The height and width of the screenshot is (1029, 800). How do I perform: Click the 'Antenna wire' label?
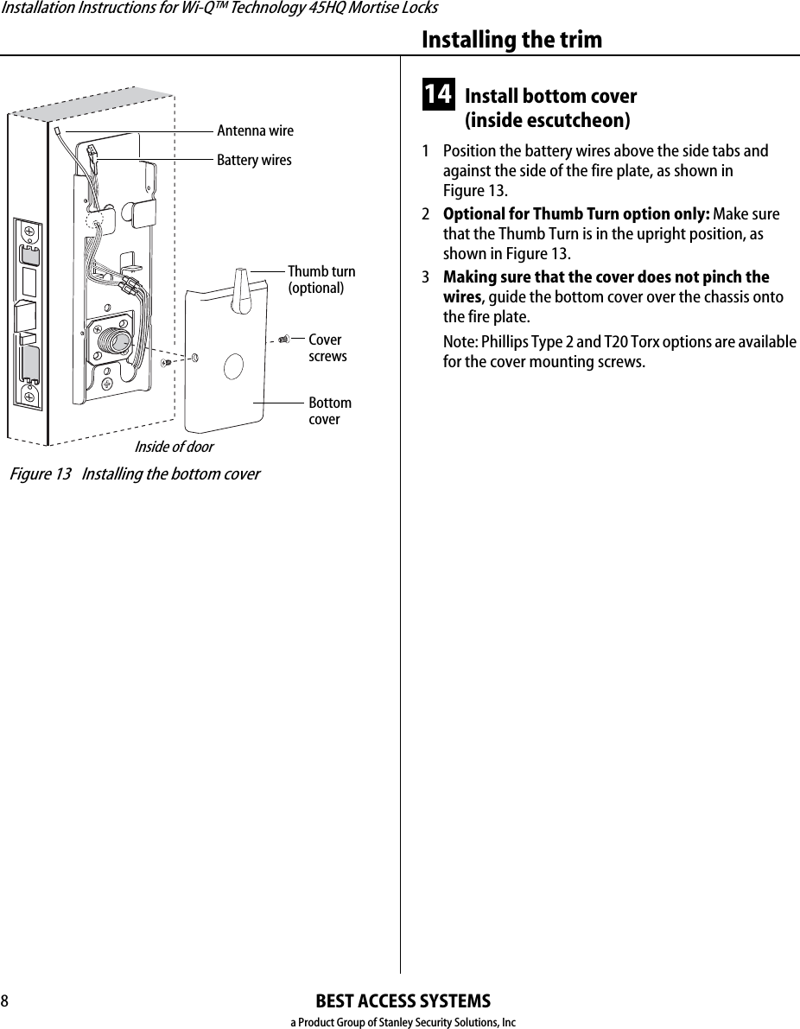tap(255, 130)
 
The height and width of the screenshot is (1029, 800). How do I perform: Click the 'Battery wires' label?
tap(254, 160)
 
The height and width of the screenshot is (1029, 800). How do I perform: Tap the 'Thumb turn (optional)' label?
tap(321, 280)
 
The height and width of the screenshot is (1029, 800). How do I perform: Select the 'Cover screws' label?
tap(327, 348)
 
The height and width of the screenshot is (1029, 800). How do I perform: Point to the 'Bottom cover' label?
tap(330, 411)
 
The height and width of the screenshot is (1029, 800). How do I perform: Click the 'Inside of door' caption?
tap(174, 447)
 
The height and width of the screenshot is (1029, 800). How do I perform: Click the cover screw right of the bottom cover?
tap(283, 340)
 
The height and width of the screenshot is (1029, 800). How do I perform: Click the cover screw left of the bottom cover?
tap(166, 363)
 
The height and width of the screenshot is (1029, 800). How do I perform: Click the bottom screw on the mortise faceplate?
tap(29, 397)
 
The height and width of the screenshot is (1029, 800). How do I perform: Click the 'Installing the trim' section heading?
tap(511, 40)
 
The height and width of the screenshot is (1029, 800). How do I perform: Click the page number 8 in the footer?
tap(5, 1001)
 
